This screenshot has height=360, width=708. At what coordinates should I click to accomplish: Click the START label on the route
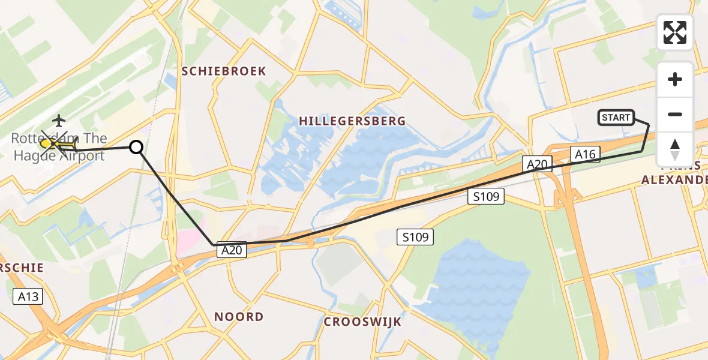[x=616, y=118]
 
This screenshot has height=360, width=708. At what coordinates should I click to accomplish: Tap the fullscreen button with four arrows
[x=675, y=32]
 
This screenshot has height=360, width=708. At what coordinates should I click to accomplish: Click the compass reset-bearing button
[x=675, y=149]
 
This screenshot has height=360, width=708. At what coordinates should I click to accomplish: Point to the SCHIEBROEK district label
[x=224, y=71]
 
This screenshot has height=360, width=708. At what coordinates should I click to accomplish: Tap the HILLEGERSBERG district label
[x=352, y=121]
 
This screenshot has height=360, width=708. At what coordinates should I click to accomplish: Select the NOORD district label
[x=239, y=317]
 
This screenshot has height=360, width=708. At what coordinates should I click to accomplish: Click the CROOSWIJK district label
[x=362, y=322]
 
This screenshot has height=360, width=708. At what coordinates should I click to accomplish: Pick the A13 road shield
[x=28, y=296]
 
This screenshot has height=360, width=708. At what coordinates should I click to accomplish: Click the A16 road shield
[x=585, y=155]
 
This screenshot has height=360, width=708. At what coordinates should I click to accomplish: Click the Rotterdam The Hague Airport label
[x=59, y=148]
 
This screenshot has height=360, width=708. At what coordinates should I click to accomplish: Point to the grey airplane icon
[x=59, y=121]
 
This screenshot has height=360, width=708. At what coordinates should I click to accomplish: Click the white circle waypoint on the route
[x=137, y=146]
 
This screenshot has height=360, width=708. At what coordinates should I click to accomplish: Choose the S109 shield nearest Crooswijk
[x=415, y=238]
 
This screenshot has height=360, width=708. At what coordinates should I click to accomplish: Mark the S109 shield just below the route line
[x=486, y=196]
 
